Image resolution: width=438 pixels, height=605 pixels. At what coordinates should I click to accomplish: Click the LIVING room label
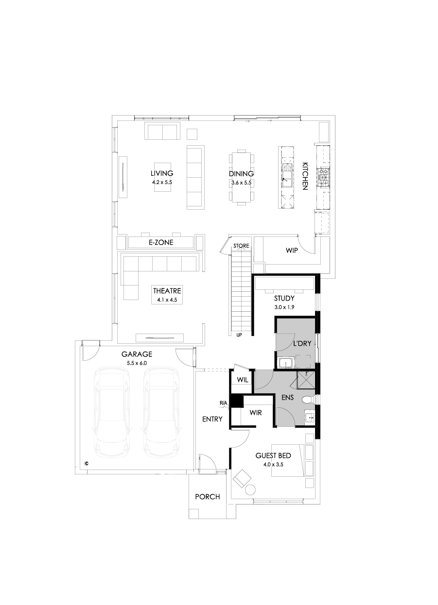point(162,173)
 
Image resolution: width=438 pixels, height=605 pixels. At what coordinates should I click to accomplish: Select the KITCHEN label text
point(305,176)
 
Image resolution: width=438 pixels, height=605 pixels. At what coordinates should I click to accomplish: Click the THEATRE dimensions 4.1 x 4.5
point(167,301)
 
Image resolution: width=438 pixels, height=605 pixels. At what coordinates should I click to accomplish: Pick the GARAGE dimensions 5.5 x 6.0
point(137,363)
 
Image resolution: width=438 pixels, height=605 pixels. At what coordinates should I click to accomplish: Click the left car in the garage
point(113,412)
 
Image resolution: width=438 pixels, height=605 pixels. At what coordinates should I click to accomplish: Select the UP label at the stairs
point(239,335)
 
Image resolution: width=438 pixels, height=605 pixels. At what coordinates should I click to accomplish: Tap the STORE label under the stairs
point(241,246)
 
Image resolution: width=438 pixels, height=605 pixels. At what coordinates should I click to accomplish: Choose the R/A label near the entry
point(224,403)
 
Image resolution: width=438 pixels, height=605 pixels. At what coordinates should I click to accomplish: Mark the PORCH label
point(207,497)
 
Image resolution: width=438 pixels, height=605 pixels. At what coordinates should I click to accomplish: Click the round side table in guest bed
point(251,489)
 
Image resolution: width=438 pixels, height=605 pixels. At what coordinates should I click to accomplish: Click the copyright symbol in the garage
point(87,463)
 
